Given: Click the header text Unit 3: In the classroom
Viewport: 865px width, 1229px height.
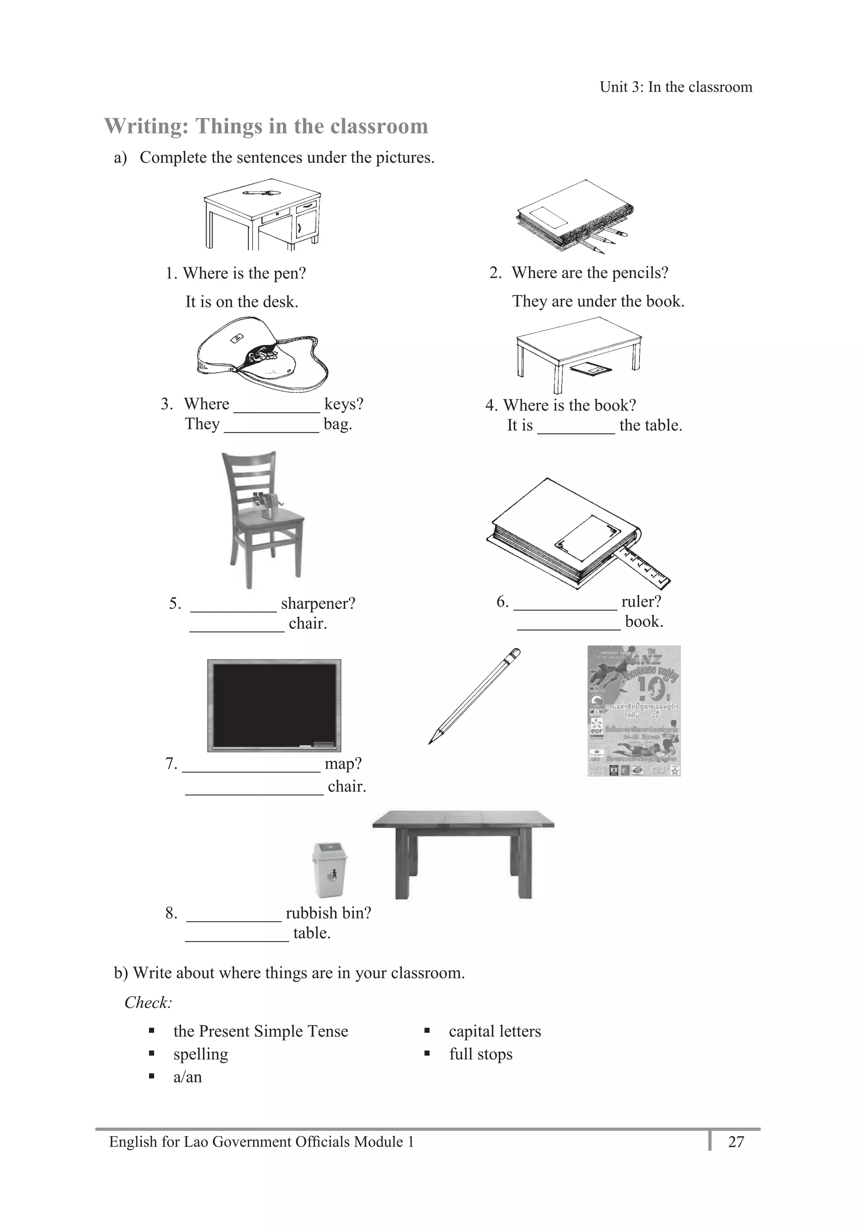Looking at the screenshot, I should pos(676,87).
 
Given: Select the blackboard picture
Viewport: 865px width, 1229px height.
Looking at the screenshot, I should pos(274,705).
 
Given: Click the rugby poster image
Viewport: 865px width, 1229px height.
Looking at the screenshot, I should pos(634,710).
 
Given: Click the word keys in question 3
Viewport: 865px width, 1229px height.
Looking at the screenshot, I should pos(343,404).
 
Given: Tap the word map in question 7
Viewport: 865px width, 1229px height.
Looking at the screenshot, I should pos(343,764).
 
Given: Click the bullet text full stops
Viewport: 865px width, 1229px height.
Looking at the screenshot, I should pos(480,1054).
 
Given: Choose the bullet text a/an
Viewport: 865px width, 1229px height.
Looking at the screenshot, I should pos(187,1077).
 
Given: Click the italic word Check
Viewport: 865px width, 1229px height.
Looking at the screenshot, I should pos(148,1002).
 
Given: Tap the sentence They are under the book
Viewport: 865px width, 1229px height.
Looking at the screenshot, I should pos(598,301).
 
